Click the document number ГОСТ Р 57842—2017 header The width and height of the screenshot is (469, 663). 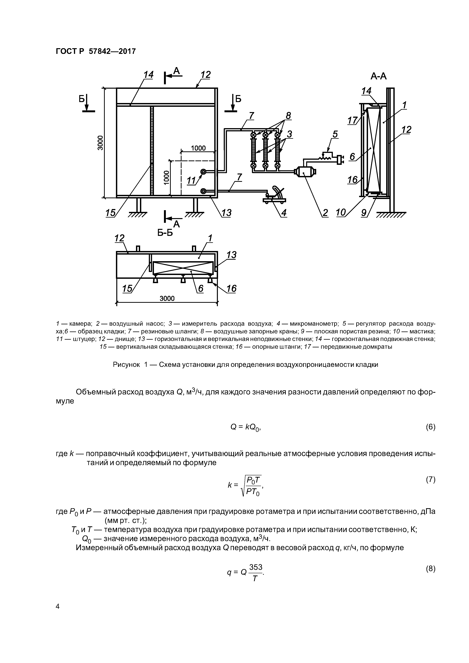pos(95,51)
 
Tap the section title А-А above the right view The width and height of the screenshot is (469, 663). pos(379,77)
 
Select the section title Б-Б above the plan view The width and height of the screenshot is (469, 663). pos(165,232)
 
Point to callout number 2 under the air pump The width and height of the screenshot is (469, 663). pos(325,213)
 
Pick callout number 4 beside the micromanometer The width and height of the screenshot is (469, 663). pos(284,213)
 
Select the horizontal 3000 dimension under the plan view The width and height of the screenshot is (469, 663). pos(167,298)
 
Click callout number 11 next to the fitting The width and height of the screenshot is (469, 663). pos(191,181)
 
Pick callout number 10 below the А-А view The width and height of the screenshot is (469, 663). pos(341,213)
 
